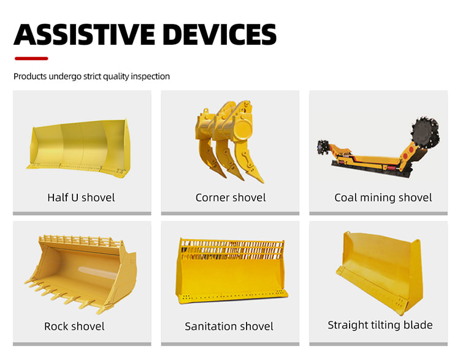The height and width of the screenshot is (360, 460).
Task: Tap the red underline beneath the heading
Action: point(31,58)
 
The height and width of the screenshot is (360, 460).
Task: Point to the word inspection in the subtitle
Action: point(150,77)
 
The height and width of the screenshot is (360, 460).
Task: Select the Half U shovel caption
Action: point(81,197)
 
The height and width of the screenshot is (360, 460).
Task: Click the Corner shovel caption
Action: point(231,197)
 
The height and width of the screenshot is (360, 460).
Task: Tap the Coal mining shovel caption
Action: point(383,197)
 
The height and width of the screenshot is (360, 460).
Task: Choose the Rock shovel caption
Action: point(74,326)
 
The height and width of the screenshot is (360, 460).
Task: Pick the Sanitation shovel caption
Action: point(229,326)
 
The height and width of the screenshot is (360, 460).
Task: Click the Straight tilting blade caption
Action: point(380,325)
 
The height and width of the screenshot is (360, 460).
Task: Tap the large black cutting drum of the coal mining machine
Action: point(425,132)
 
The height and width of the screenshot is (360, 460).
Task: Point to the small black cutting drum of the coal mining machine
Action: point(323,147)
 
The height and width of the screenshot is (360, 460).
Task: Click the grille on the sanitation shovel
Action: point(231,250)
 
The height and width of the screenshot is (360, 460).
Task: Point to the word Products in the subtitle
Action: point(30,77)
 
